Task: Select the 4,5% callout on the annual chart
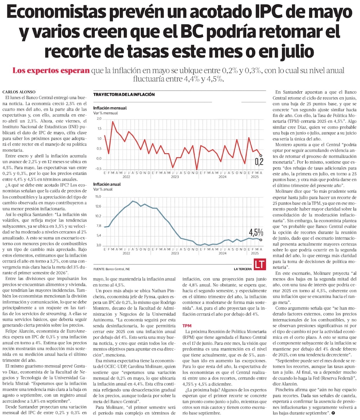pyautogui.click(x=256, y=232)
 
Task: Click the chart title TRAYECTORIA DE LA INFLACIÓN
pyautogui.click(x=124, y=95)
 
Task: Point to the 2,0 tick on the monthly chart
pyautogui.click(x=99, y=119)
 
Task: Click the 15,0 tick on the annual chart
pyautogui.click(x=98, y=197)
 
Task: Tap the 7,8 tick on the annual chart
pyautogui.click(x=99, y=226)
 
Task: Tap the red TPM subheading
pyautogui.click(x=187, y=325)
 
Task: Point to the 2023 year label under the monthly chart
pyautogui.click(x=175, y=177)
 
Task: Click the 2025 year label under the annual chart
pyautogui.click(x=255, y=253)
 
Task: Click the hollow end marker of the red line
pyautogui.click(x=260, y=156)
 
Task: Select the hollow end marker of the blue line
pyautogui.click(x=260, y=239)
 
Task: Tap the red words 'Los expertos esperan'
pyautogui.click(x=51, y=70)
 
